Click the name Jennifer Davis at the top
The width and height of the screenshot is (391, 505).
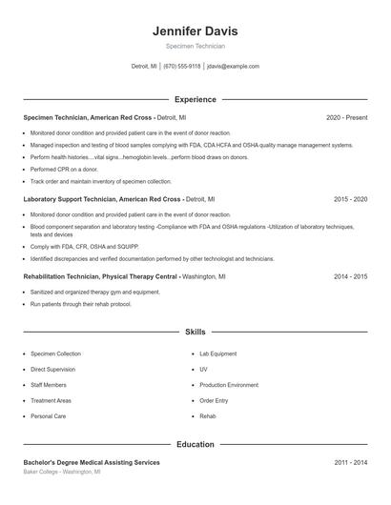click(x=195, y=30)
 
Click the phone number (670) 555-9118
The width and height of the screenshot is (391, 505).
click(x=181, y=67)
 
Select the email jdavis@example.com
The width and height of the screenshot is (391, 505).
click(x=233, y=67)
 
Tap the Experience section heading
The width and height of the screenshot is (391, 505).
click(x=195, y=99)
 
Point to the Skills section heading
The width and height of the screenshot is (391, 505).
click(x=195, y=332)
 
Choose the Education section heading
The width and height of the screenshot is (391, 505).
click(x=195, y=444)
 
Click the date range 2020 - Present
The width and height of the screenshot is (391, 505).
click(x=346, y=117)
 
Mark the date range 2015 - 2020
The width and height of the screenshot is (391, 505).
click(x=350, y=200)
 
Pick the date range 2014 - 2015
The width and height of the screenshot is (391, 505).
click(x=350, y=275)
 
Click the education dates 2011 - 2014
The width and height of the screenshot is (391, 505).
click(x=350, y=462)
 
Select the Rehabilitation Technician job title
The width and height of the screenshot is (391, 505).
click(x=100, y=275)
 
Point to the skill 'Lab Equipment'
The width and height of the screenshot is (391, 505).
click(x=217, y=353)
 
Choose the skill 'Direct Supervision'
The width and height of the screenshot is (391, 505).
click(x=52, y=369)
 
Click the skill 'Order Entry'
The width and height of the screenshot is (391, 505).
click(x=214, y=400)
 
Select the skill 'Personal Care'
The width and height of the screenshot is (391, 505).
click(x=48, y=416)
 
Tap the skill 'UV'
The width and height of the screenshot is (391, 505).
click(x=203, y=369)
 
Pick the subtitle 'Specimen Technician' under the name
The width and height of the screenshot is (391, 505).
click(x=195, y=46)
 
